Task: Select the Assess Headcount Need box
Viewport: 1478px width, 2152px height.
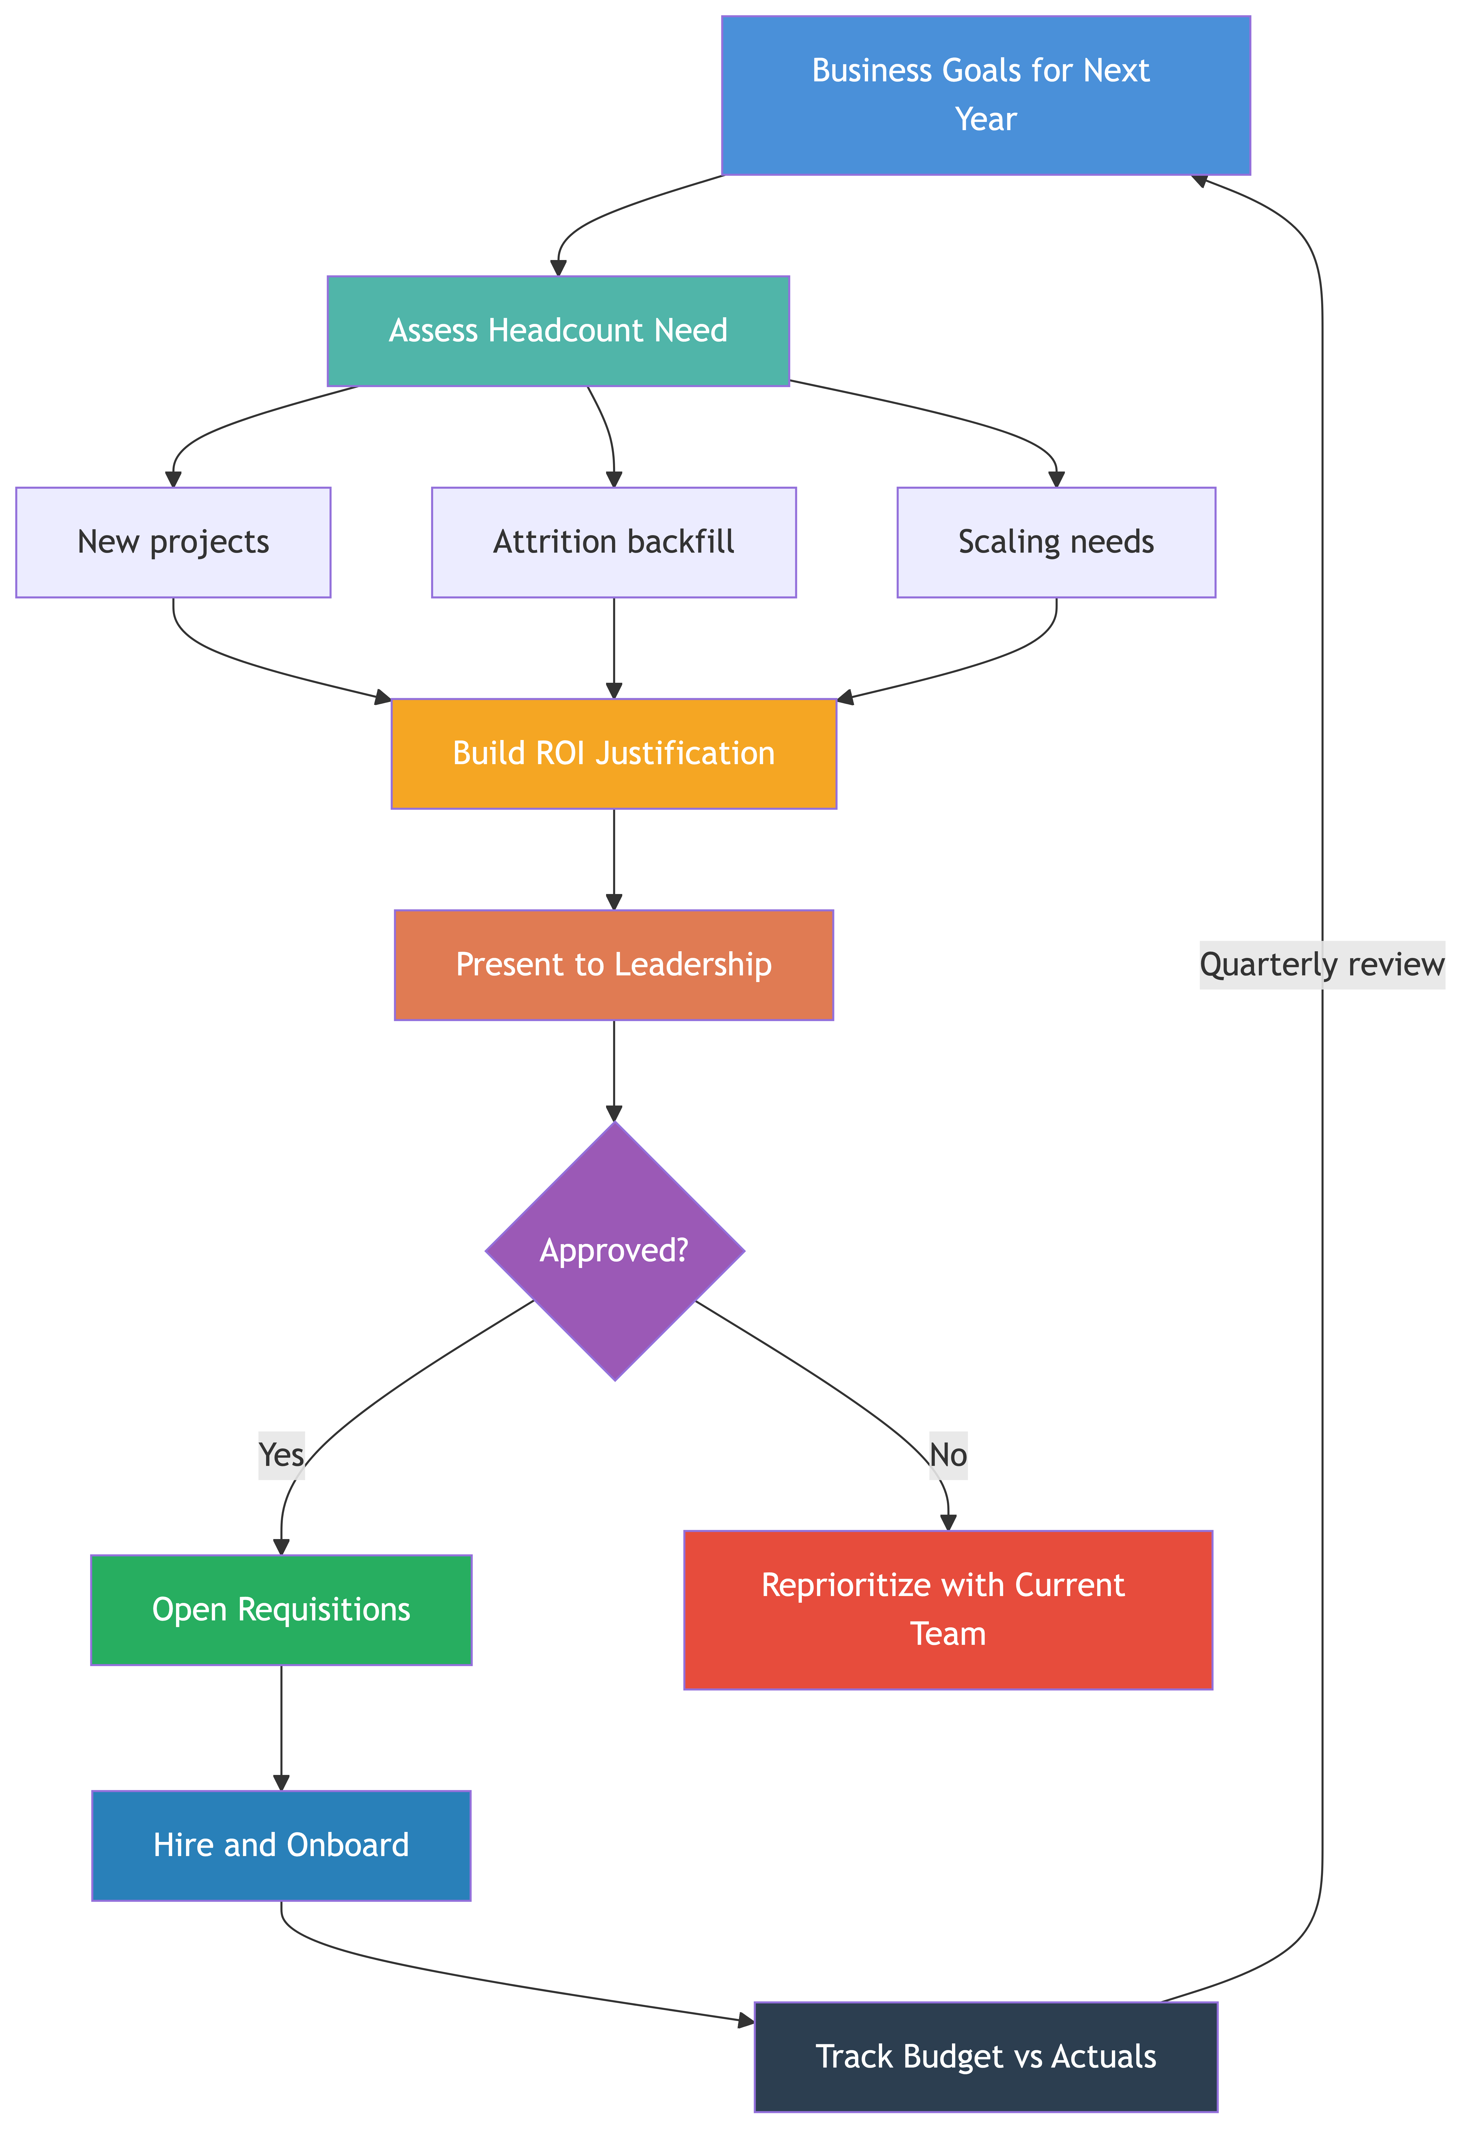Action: tap(558, 331)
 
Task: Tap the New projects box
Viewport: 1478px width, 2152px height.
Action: tap(173, 542)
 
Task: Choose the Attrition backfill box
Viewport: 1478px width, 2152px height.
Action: tap(614, 542)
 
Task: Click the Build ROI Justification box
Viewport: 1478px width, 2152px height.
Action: tap(614, 753)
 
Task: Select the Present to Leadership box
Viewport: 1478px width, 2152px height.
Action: tap(614, 964)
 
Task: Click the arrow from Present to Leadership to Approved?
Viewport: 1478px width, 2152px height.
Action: tap(614, 1071)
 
